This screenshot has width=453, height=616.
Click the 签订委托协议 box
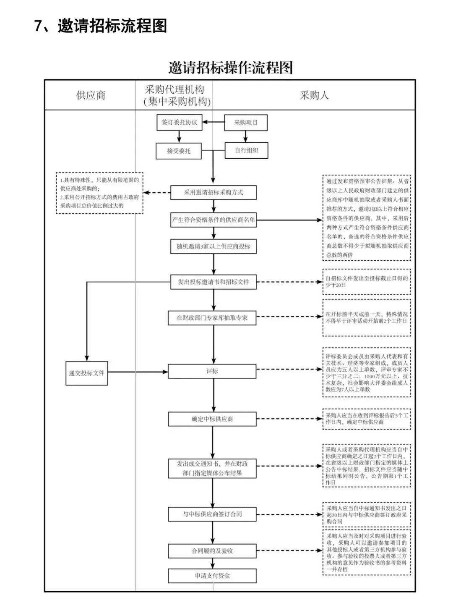pyautogui.click(x=179, y=122)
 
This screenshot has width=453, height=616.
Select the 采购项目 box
pyautogui.click(x=246, y=123)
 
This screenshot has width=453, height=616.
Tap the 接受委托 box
pyautogui.click(x=179, y=151)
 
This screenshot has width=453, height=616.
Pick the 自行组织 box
pyautogui.click(x=246, y=150)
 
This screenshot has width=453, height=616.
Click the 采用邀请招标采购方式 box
pyautogui.click(x=213, y=192)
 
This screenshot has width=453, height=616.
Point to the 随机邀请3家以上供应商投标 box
pyautogui.click(x=213, y=246)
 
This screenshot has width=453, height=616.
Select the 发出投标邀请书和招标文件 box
pyautogui.click(x=213, y=282)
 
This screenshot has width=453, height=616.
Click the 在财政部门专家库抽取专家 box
pyautogui.click(x=212, y=318)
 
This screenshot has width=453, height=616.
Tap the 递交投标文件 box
pyautogui.click(x=87, y=373)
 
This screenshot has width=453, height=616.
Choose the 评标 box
pyautogui.click(x=212, y=371)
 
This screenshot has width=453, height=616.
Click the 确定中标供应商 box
pyautogui.click(x=212, y=419)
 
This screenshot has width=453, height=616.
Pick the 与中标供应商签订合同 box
pyautogui.click(x=212, y=514)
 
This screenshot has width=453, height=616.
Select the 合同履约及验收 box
pyautogui.click(x=212, y=551)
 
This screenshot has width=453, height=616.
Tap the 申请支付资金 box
pyautogui.click(x=212, y=576)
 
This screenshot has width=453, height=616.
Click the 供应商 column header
pyautogui.click(x=91, y=95)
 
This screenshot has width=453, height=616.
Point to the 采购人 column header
pyautogui.click(x=314, y=95)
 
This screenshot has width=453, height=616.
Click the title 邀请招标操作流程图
pyautogui.click(x=230, y=68)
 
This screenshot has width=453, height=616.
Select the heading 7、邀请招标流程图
pyautogui.click(x=101, y=26)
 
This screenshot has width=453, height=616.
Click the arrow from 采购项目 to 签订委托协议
pyautogui.click(x=213, y=123)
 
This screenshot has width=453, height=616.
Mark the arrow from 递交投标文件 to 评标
pyautogui.click(x=138, y=372)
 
